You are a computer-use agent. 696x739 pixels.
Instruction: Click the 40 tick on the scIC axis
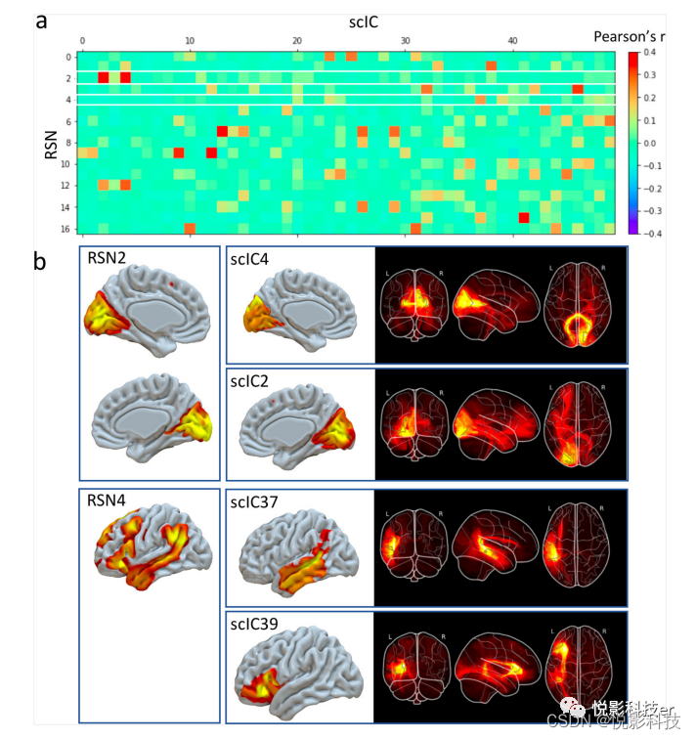tap(514, 40)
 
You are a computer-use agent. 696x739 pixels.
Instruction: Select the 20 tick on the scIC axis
tap(298, 40)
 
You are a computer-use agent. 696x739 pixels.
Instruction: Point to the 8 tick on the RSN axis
tap(66, 143)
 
